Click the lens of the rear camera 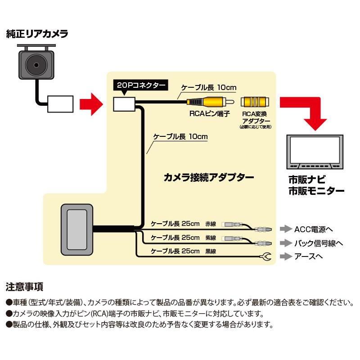click(37, 66)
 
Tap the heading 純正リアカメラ click(37, 33)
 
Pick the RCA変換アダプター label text click(255, 118)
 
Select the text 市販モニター click(317, 190)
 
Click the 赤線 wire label click(211, 224)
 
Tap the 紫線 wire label click(211, 238)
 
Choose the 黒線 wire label click(211, 251)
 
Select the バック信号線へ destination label click(318, 243)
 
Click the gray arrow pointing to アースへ click(285, 257)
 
